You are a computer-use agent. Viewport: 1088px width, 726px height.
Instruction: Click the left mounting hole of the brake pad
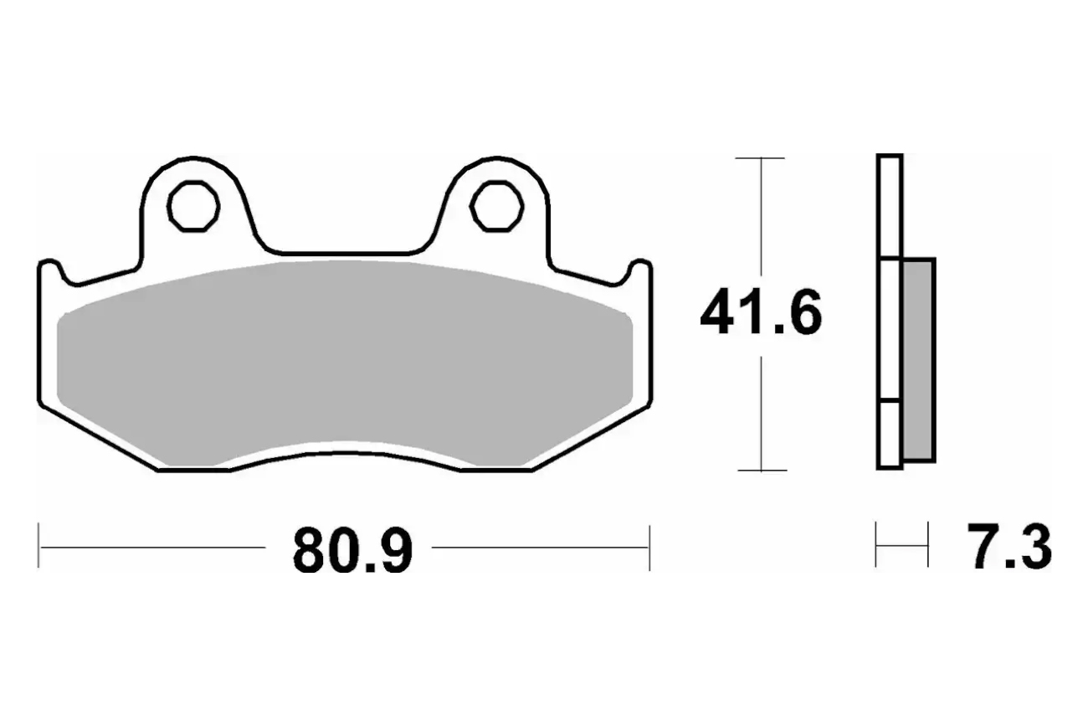pyautogui.click(x=193, y=207)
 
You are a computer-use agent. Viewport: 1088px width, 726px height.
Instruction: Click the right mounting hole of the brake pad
pyautogui.click(x=496, y=207)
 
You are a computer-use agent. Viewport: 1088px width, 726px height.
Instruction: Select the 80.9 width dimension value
pyautogui.click(x=352, y=551)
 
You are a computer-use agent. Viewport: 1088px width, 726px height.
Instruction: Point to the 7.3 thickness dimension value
pyautogui.click(x=1009, y=547)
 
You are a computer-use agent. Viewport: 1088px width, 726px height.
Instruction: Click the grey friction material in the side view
pyautogui.click(x=918, y=360)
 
